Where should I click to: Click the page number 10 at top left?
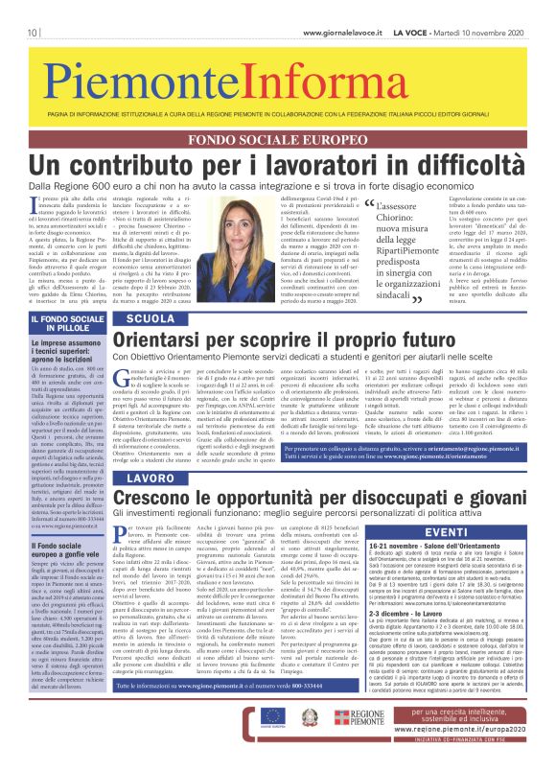tap(32, 9)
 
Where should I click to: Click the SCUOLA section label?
tap(151, 317)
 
